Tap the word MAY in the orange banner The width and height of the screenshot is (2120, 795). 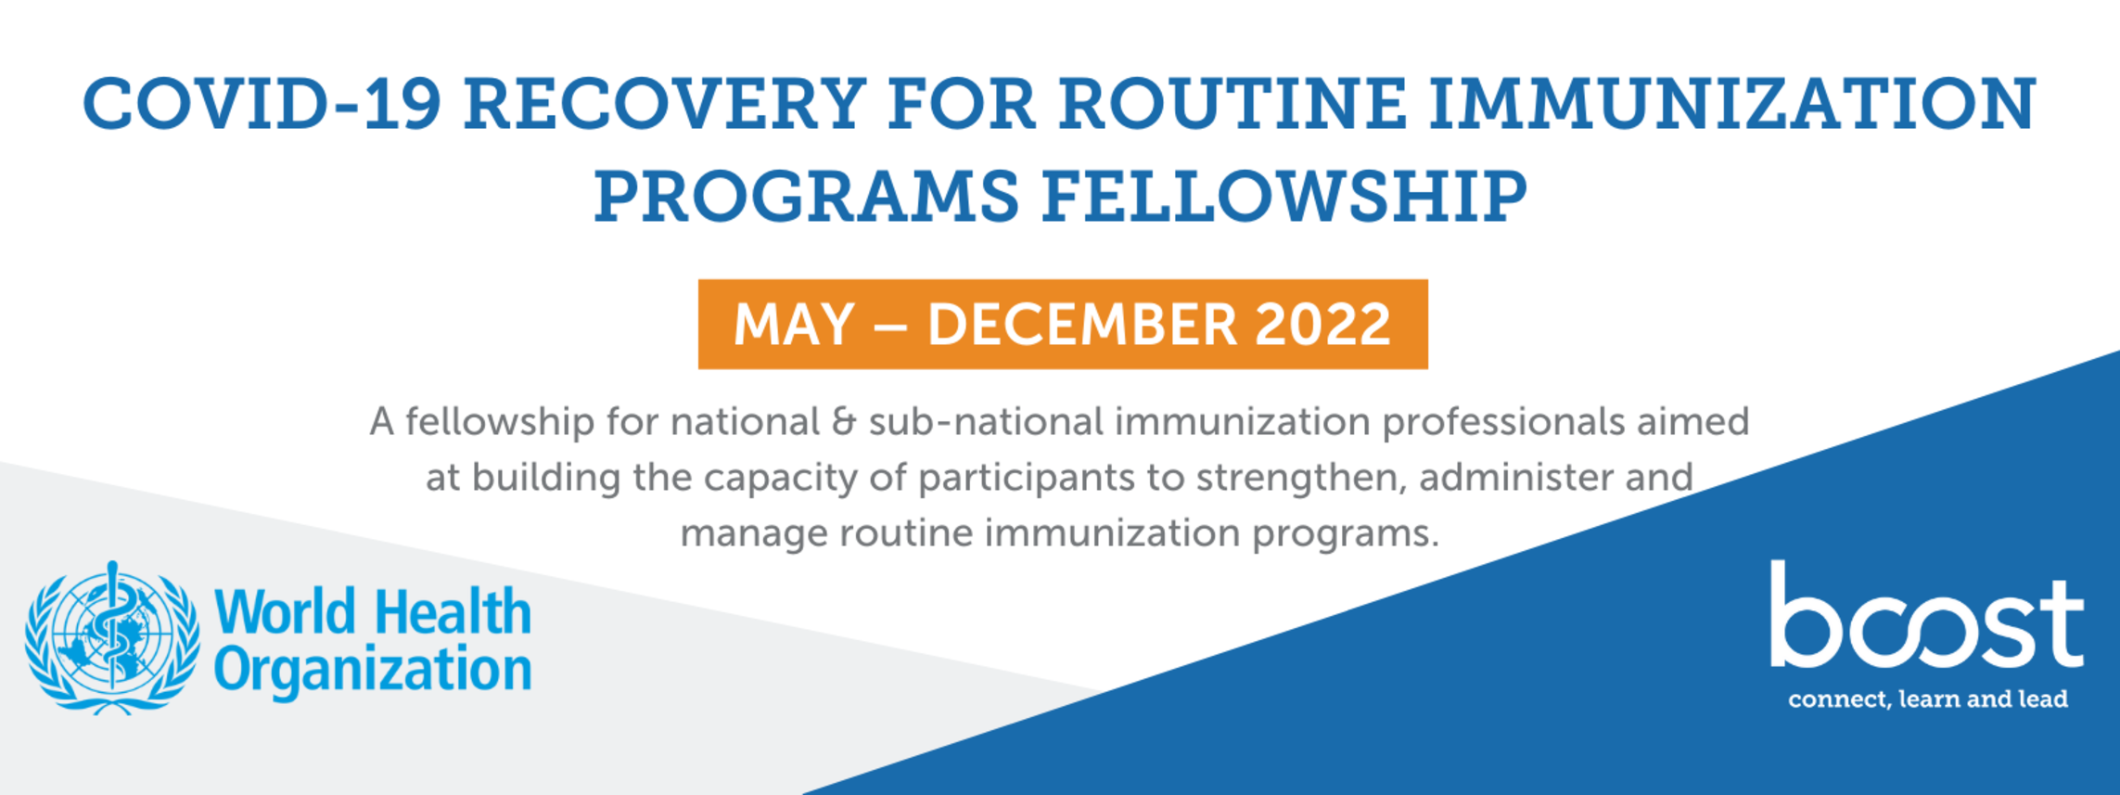click(794, 325)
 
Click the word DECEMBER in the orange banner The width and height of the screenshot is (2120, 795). click(1082, 325)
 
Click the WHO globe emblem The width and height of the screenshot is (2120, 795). click(112, 638)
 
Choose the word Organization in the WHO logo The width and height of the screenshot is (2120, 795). click(373, 671)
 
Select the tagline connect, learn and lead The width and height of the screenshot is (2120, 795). click(1928, 699)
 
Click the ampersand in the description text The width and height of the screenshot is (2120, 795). click(844, 422)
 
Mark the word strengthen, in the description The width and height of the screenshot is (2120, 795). click(1301, 479)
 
